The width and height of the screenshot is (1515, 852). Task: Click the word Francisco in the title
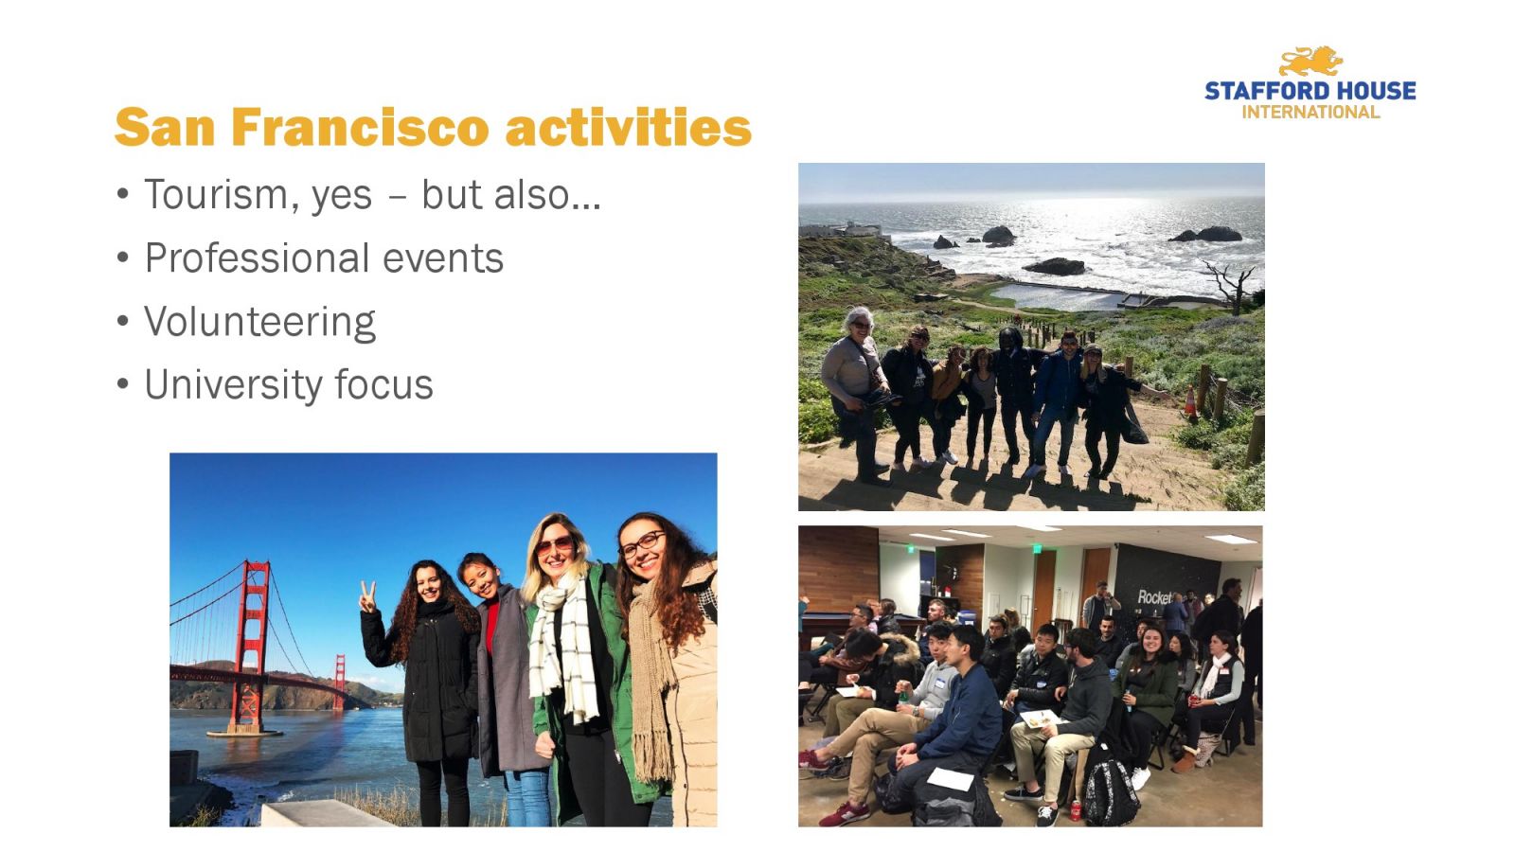click(360, 127)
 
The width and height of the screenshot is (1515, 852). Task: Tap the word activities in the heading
click(629, 127)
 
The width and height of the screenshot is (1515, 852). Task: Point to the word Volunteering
click(259, 322)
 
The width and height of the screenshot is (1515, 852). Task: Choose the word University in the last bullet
click(230, 384)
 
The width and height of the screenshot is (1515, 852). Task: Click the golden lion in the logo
click(1310, 62)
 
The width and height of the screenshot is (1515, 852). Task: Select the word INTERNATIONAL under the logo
click(1310, 113)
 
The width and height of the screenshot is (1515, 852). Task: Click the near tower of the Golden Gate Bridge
click(249, 646)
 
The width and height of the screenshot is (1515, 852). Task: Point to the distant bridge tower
click(339, 682)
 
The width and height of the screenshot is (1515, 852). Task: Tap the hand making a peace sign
click(367, 597)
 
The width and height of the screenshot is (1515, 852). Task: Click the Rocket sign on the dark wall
click(1154, 597)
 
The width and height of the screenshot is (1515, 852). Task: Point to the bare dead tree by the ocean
click(1231, 286)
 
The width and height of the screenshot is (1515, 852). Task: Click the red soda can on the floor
click(1076, 810)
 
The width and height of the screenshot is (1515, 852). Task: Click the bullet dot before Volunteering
click(122, 321)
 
